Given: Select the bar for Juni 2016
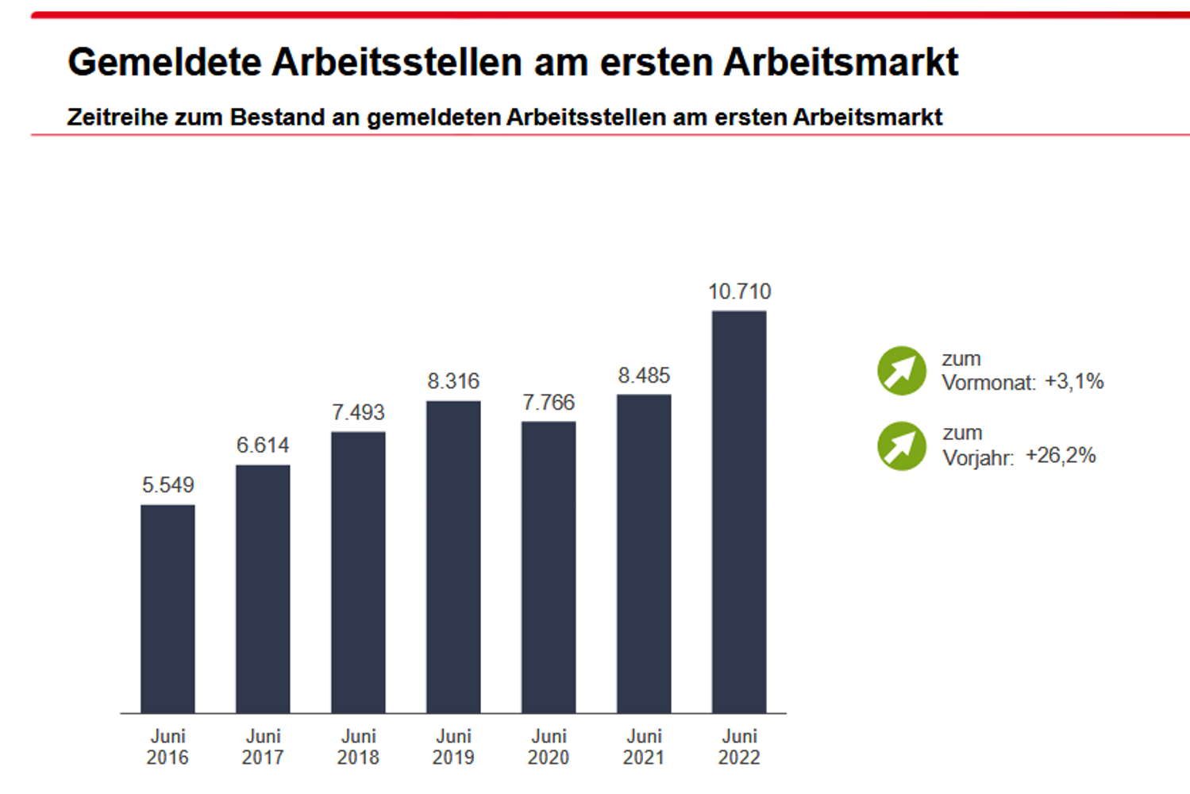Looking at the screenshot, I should (x=168, y=608).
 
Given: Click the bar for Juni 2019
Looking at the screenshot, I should (x=453, y=557).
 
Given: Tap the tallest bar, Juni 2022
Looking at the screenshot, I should (x=739, y=511).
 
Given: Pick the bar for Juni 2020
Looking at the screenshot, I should (x=549, y=567).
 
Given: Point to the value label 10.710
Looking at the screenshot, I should (x=739, y=291).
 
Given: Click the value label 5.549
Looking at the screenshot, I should (x=168, y=485).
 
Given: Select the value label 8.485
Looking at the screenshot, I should (x=644, y=375).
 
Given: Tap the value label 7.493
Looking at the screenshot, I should (x=358, y=412).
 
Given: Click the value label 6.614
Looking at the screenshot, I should (x=263, y=445).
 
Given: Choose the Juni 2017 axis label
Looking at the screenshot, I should (x=263, y=747).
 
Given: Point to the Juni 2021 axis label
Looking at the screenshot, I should (x=644, y=747).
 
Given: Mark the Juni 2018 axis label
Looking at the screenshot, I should (x=358, y=747).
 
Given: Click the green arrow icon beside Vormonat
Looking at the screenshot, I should (x=902, y=371).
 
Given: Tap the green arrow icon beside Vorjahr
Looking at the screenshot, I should (x=902, y=445).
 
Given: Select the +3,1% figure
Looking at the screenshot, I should (x=1074, y=381).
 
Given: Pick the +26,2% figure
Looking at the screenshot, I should (x=1061, y=456).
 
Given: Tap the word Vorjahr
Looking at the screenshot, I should (x=977, y=458).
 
